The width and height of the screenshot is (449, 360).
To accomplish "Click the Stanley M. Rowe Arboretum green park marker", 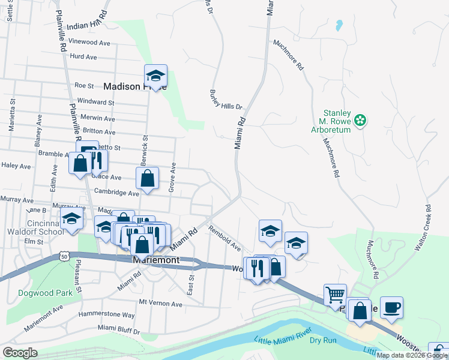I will pos(360,120).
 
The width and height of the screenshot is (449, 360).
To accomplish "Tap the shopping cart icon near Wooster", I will pos(335,295).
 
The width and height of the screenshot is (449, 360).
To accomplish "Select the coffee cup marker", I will pos(391,307).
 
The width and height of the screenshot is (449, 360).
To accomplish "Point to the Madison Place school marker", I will pos(155,76).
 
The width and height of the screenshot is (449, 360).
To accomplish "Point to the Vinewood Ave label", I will pos(90,43).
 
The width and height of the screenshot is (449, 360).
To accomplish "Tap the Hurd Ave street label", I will pos(83,57).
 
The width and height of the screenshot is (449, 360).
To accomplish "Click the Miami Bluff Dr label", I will pos(119,330).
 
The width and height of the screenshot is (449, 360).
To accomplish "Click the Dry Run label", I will pos(323,340).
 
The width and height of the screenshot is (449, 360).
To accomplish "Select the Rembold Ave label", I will pos(224,238).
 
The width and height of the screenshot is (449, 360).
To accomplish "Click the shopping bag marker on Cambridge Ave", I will pos(147,178).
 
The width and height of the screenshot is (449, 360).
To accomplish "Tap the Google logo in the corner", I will pos(20,352).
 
